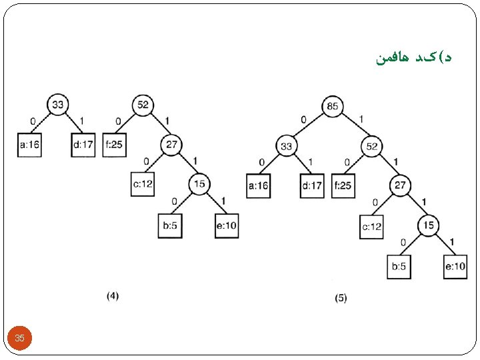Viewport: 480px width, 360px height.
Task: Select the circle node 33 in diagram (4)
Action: (58, 104)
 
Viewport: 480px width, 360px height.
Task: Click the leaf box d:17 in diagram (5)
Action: (313, 185)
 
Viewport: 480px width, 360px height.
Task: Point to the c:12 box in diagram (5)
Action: (372, 227)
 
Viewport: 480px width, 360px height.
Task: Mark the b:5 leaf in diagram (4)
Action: (169, 225)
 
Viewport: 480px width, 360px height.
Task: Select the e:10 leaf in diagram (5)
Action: (455, 267)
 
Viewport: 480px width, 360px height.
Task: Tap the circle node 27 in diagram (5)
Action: (399, 185)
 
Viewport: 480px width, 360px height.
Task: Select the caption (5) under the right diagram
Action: (340, 299)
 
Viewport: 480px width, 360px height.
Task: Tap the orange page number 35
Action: (19, 339)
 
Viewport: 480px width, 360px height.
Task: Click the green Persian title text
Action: (413, 59)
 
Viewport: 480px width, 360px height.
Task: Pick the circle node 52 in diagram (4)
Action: (143, 104)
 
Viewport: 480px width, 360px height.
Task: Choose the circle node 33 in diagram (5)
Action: (286, 146)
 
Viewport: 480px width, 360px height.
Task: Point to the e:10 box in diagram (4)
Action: (226, 225)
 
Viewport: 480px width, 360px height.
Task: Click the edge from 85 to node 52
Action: (353, 127)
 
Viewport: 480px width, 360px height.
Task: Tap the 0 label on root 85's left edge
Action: (303, 119)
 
